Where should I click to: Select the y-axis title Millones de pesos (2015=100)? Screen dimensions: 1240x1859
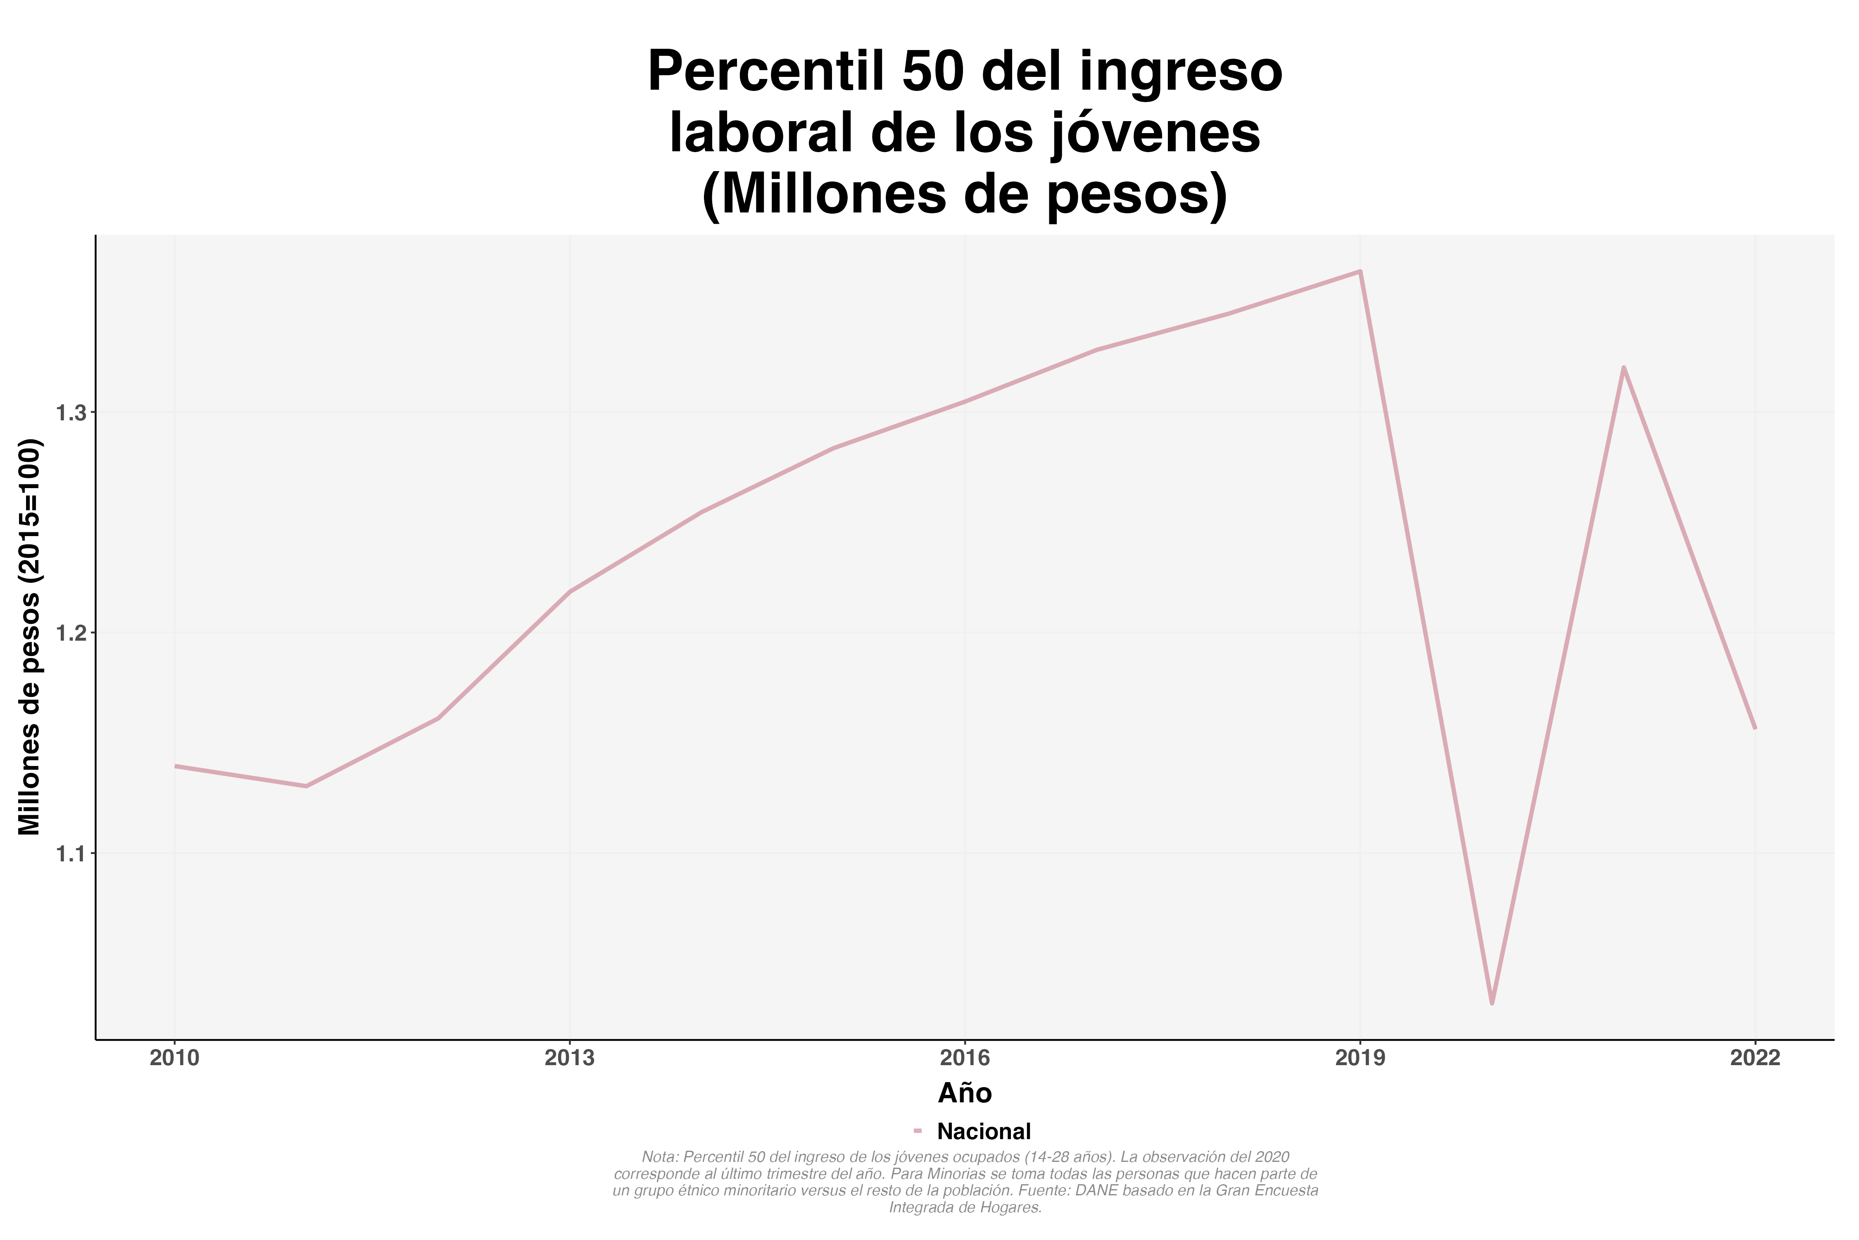(30, 637)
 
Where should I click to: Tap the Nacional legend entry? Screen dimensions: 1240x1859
(983, 1132)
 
